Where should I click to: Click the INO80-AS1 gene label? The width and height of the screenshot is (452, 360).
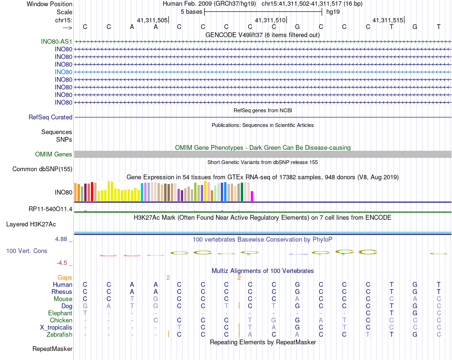click(57, 41)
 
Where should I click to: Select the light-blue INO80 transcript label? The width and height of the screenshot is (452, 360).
click(63, 72)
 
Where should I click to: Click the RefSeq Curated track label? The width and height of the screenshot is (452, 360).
click(50, 117)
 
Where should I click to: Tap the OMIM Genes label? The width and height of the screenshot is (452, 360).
click(54, 154)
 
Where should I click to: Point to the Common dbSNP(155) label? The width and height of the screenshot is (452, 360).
click(42, 169)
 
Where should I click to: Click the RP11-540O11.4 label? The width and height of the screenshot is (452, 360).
click(50, 209)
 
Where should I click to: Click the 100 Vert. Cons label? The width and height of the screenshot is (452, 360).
click(27, 251)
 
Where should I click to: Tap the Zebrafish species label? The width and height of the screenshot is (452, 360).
click(60, 334)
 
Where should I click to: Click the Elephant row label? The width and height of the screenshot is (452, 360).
click(60, 313)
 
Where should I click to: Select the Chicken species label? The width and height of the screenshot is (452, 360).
click(61, 320)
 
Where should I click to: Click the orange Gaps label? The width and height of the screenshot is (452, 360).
click(65, 277)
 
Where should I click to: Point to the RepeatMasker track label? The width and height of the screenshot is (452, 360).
click(52, 349)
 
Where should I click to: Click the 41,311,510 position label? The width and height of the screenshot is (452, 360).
click(270, 20)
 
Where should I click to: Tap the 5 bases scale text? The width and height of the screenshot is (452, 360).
click(191, 11)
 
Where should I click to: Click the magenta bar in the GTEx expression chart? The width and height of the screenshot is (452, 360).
click(252, 195)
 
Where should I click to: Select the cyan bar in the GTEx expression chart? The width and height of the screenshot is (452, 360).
click(142, 192)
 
